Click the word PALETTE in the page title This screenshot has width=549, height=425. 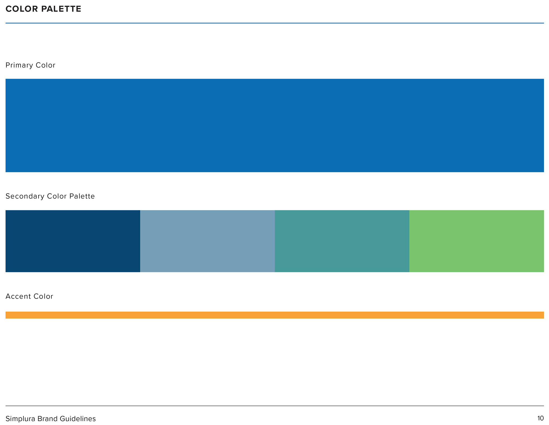[61, 9]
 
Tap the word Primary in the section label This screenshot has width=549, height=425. [19, 65]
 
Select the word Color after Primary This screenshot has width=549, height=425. [45, 65]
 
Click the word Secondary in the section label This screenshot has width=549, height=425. [25, 196]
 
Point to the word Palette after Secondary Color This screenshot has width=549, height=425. [82, 196]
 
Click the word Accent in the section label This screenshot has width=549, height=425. [18, 296]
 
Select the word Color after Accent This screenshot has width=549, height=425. [43, 296]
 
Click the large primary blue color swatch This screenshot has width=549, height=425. [275, 125]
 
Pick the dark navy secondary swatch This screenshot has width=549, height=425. [73, 241]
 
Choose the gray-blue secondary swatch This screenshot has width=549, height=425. [207, 241]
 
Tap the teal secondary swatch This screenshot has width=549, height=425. [342, 241]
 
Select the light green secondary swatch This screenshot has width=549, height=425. [477, 241]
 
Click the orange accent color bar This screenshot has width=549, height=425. [275, 315]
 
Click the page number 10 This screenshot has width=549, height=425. [541, 418]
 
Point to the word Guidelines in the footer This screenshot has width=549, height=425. [78, 419]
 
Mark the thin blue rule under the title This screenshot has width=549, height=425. [275, 23]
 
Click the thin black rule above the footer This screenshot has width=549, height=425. [275, 406]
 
